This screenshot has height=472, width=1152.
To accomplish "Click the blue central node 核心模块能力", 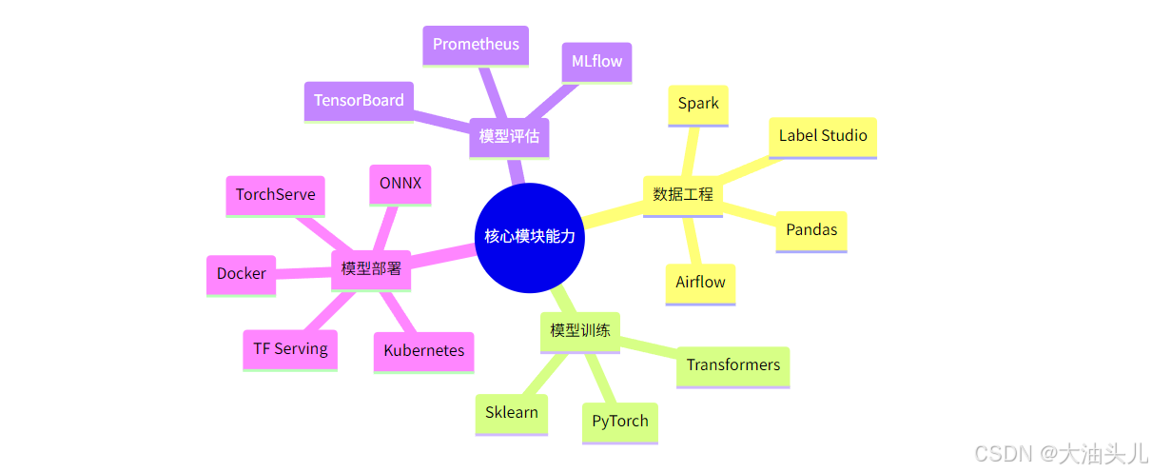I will [530, 236].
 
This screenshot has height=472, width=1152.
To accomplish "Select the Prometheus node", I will [476, 45].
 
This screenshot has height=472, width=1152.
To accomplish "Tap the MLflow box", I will [596, 62].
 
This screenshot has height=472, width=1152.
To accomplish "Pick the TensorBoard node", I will [359, 101].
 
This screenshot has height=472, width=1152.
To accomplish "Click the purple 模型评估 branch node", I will [509, 136].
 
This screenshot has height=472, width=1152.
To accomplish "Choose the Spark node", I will [698, 104].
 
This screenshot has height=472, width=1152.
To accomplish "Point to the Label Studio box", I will [823, 136].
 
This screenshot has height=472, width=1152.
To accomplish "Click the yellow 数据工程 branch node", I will [683, 195].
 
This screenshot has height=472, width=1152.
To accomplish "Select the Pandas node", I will [811, 230].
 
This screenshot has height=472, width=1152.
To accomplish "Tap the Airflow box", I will [700, 283].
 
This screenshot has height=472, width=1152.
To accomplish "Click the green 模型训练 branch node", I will [580, 331].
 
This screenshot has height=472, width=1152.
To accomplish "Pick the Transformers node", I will [732, 365].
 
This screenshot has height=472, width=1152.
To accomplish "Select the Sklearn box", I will [512, 413].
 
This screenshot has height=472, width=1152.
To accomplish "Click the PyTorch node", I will [619, 422].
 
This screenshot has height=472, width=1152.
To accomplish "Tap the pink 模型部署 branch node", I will [371, 269].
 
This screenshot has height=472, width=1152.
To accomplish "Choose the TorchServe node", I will [276, 195].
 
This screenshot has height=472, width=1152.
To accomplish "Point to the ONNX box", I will [400, 184].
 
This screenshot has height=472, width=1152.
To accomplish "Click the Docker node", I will [242, 274].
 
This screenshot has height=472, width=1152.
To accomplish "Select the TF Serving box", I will [290, 349].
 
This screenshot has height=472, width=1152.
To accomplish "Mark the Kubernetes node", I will [424, 351].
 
